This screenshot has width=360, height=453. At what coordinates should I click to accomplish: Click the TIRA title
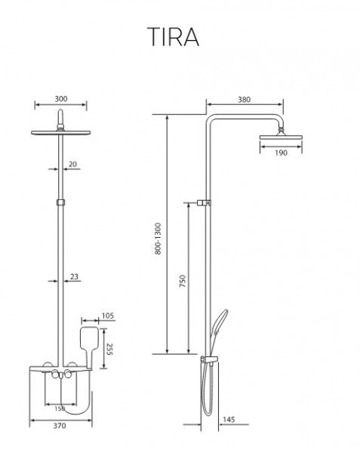click(x=174, y=37)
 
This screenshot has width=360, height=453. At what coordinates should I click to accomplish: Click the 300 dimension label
click(x=61, y=99)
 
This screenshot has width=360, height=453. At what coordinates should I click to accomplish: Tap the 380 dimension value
click(x=244, y=100)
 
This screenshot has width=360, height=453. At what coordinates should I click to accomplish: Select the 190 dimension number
click(x=281, y=153)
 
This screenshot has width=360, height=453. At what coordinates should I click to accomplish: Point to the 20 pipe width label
click(x=72, y=164)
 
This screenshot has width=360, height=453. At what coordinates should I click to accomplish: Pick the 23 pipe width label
click(x=74, y=276)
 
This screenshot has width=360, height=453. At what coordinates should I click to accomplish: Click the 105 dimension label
click(x=108, y=316)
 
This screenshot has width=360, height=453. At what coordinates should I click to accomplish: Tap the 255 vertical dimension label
click(x=110, y=349)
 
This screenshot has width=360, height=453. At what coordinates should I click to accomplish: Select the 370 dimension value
click(x=60, y=426)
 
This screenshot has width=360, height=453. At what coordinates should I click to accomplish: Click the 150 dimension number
click(x=60, y=408)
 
